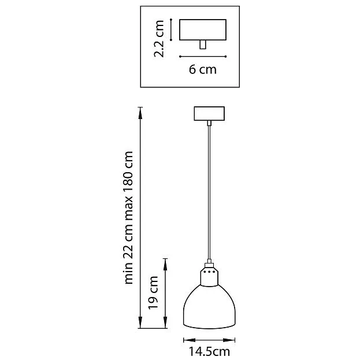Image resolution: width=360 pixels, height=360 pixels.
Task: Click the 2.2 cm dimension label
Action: click(159, 39)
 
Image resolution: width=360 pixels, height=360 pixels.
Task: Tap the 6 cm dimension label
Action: click(203, 69)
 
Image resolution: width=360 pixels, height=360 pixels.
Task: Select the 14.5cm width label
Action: click(209, 351)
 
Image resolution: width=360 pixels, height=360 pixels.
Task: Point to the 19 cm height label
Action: click(153, 293)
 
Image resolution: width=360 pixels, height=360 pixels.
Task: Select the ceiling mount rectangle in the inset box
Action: click(203, 30)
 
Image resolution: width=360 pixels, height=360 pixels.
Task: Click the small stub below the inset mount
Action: click(203, 44)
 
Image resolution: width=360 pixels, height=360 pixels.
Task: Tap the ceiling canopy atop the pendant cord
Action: click(209, 113)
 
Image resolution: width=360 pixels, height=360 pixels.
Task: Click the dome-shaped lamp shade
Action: click(209, 307)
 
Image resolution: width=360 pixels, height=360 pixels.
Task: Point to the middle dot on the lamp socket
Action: click(209, 272)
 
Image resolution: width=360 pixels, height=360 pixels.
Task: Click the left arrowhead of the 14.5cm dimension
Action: click(189, 340)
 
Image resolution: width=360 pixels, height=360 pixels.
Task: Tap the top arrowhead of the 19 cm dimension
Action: click(165, 264)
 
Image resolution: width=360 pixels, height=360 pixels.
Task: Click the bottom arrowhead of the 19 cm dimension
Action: click(165, 322)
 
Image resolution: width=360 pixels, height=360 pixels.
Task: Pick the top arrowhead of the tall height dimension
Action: click(140, 113)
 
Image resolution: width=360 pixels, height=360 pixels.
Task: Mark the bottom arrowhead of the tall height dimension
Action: click(140, 322)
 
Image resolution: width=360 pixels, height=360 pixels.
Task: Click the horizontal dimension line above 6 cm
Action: click(203, 57)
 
